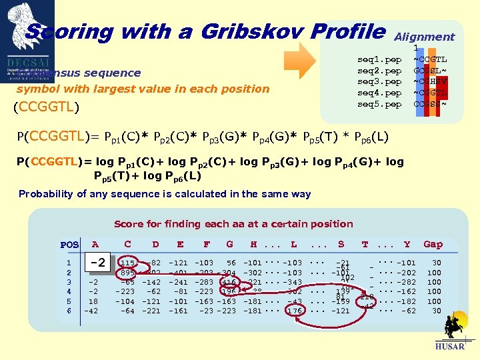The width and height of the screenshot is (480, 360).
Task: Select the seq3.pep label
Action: point(379,81)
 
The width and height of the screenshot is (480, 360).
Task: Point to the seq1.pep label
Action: point(379,59)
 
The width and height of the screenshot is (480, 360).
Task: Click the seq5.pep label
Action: point(379,104)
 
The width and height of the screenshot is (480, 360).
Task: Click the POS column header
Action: point(69,245)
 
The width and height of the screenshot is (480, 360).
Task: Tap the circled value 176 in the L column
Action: point(294,310)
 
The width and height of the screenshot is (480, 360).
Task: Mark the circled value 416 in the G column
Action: point(229,282)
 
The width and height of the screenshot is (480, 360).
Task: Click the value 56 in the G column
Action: point(231,263)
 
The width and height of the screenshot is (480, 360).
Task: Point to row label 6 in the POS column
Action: point(69,311)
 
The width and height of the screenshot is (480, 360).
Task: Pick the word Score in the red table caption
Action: point(129,224)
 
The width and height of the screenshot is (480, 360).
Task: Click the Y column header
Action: point(407,245)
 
